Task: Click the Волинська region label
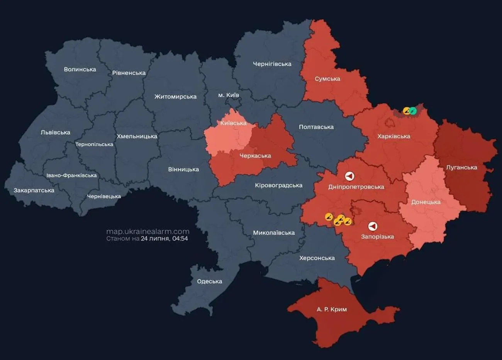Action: point(80,70)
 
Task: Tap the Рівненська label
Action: point(129,73)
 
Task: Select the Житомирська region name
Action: point(175,97)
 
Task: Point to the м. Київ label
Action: point(229,95)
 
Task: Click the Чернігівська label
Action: point(272,64)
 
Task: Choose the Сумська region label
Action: point(327,79)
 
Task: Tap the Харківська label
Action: point(394,136)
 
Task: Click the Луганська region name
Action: point(461,168)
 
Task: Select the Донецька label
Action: point(426,202)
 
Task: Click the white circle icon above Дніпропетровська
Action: point(349,177)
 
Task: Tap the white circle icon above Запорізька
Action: point(373,226)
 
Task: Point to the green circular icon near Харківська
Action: point(413,111)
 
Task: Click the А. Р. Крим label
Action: point(332,309)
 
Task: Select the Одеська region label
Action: point(209,282)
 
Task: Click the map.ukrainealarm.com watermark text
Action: point(148,231)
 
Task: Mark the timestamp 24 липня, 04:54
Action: point(164,239)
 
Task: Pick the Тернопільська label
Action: point(94,144)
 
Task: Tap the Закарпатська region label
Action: point(34,190)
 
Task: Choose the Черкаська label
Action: point(255,156)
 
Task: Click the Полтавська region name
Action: point(316,127)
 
